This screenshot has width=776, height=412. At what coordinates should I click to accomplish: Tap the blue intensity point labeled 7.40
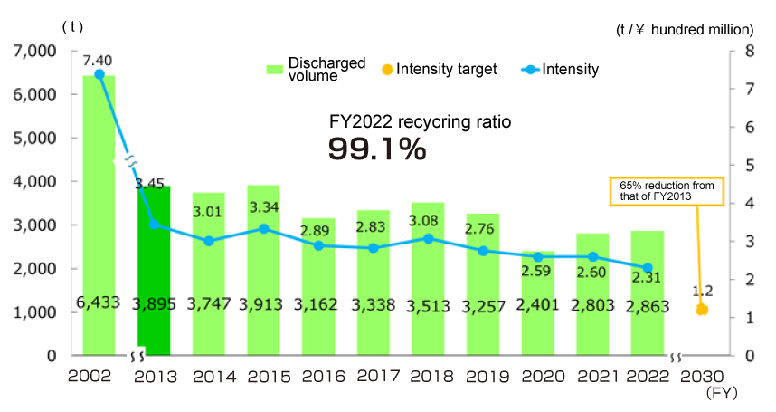(x=99, y=74)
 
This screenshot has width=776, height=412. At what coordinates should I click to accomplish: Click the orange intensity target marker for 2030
(x=702, y=310)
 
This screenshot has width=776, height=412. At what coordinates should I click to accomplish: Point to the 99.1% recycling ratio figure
(x=376, y=149)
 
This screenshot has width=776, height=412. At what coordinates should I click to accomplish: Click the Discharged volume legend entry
(x=316, y=69)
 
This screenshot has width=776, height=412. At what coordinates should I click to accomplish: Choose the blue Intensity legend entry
(x=561, y=69)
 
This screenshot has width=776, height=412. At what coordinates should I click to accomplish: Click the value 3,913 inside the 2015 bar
(x=263, y=306)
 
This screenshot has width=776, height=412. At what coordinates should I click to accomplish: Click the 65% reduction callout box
(x=661, y=191)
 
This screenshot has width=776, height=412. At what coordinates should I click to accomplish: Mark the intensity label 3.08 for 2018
(x=427, y=220)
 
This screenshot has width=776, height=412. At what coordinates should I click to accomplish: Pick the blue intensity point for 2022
(x=647, y=268)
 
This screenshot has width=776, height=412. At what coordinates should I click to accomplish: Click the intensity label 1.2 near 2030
(x=703, y=292)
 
